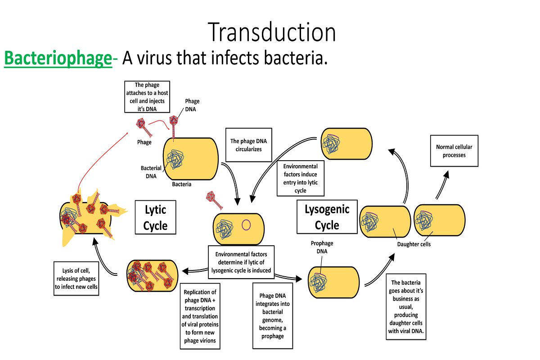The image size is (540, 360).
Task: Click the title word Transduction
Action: pyautogui.click(x=272, y=33)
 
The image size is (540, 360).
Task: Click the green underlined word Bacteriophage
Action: pyautogui.click(x=58, y=58)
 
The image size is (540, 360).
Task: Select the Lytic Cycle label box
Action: pyautogui.click(x=155, y=217)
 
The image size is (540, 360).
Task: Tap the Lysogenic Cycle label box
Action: pyautogui.click(x=327, y=217)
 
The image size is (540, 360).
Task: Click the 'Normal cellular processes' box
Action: pyautogui.click(x=454, y=151)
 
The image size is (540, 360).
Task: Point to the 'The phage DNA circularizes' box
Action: pyautogui.click(x=249, y=145)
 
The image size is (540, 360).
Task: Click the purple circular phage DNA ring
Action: pyautogui.click(x=246, y=224)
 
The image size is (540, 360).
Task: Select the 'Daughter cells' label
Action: pyautogui.click(x=414, y=244)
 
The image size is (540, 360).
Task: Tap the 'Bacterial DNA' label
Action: pyautogui.click(x=151, y=172)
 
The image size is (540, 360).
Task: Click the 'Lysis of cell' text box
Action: pyautogui.click(x=76, y=279)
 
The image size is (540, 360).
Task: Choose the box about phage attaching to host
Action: pyautogui.click(x=147, y=97)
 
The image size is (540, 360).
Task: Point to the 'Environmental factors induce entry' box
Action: pyautogui.click(x=300, y=178)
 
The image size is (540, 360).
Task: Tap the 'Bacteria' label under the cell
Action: pyautogui.click(x=182, y=184)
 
